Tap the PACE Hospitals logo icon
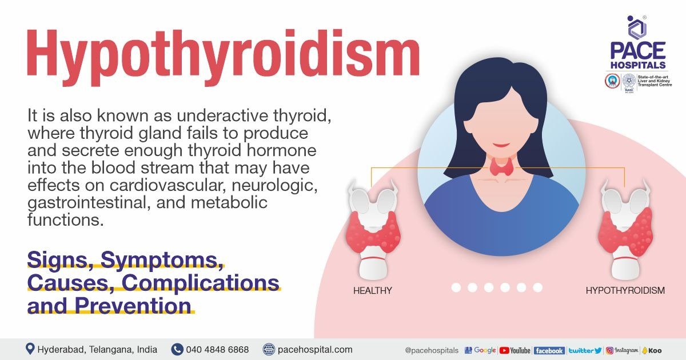point(637,28)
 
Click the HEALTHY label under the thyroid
point(373,290)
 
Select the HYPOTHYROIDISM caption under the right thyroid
point(625,290)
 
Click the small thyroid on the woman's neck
point(501,166)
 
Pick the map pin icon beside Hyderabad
point(30,349)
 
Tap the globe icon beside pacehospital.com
point(269,349)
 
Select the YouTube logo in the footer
point(514,350)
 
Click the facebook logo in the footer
point(549,350)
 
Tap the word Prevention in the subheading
point(132,305)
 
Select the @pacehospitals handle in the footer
point(431,350)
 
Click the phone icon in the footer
point(177,349)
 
